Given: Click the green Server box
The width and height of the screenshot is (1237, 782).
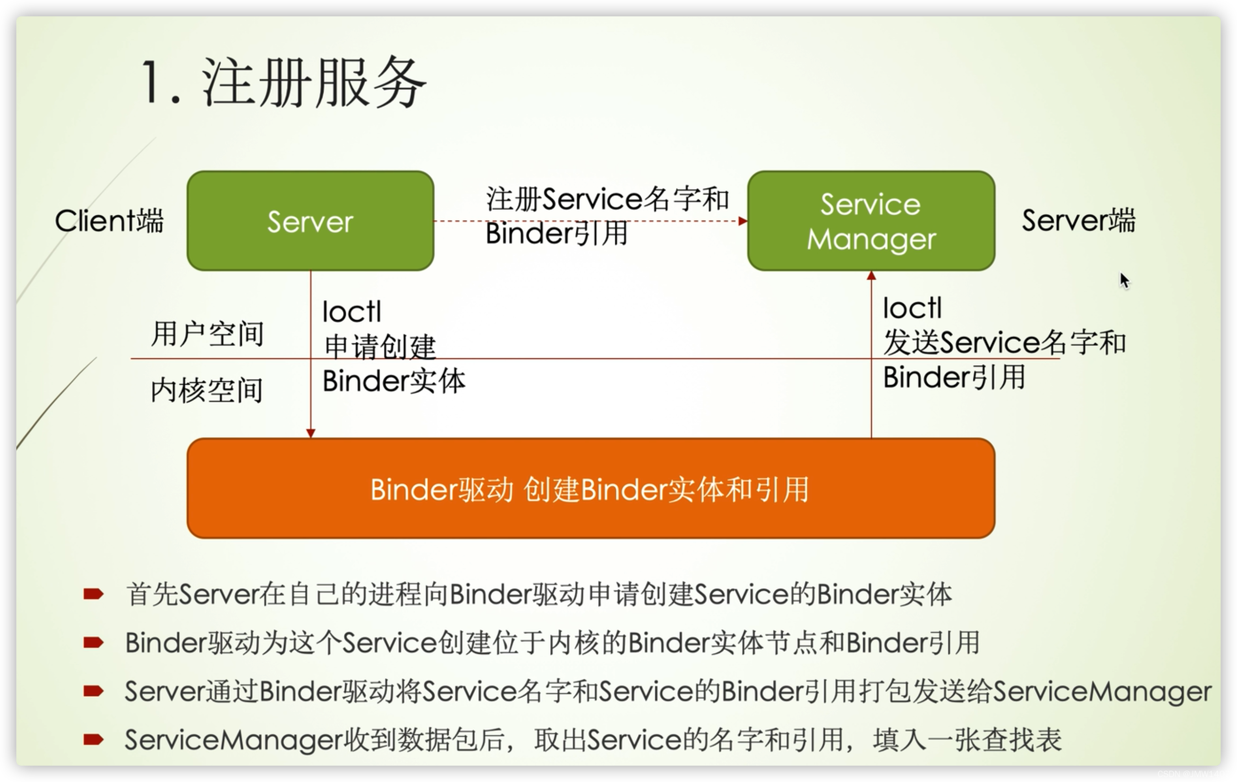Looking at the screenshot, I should coord(310,221).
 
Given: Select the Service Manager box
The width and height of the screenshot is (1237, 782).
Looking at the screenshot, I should coord(871,221).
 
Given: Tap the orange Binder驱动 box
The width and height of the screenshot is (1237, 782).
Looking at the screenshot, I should coord(591,489).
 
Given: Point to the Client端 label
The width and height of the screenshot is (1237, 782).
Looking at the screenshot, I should coord(109,221).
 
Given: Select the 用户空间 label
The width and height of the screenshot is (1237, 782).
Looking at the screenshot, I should coord(207,334).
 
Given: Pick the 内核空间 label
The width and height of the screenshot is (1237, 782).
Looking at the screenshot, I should coord(206,390).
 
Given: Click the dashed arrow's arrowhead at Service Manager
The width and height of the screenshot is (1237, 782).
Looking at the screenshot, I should coord(743,221).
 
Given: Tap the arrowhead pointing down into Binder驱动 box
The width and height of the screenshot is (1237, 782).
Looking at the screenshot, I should coord(310,433).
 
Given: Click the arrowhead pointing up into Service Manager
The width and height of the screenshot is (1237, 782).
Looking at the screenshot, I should coord(871,276).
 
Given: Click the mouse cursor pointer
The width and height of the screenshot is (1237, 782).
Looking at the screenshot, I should coord(1124,280).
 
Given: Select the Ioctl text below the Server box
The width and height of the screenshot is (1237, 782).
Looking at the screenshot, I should coord(352,312).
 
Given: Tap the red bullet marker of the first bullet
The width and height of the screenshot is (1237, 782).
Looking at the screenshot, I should coord(93,594).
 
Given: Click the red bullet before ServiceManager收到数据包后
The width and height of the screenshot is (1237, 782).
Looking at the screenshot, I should coord(93,739).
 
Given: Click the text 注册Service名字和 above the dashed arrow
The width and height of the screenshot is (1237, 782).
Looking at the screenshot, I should coord(607,199).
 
